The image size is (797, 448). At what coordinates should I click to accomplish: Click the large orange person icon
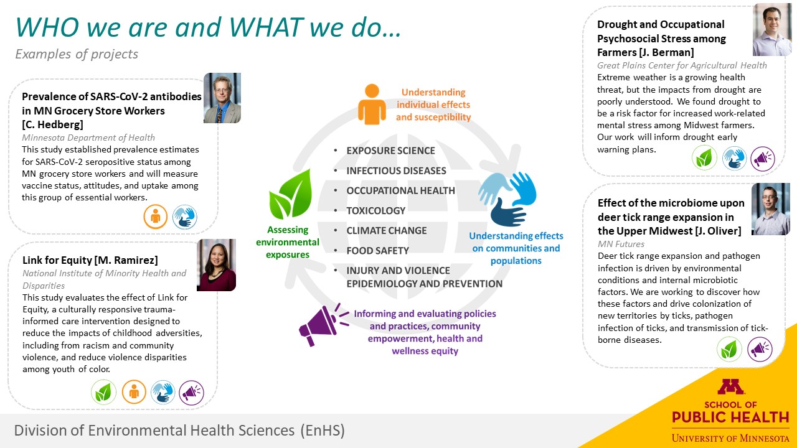coord(372,104)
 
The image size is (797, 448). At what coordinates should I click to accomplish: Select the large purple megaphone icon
coord(323,325)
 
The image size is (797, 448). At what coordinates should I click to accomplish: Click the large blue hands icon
coord(507,198)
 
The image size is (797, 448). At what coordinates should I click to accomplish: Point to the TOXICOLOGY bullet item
coord(375,211)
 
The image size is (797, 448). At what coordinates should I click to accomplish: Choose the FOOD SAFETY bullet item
coord(377,251)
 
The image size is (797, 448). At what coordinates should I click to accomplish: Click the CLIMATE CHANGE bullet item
coord(387,231)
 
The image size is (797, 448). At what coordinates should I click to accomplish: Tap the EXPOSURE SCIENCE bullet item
coord(390,151)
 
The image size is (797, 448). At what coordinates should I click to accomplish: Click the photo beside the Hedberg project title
coord(222,98)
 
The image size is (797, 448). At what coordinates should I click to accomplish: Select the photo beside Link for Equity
coord(216,265)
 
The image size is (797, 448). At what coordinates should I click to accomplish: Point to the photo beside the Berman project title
coord(772,30)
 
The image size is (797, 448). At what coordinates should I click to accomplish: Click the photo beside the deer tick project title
coord(771,209)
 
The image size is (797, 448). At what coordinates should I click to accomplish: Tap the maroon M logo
coord(730,387)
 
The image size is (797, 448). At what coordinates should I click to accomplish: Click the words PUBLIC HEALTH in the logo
coord(730,417)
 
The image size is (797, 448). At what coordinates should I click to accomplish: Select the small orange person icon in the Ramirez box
coord(134,392)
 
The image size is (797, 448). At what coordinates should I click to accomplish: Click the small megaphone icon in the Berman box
coord(763,159)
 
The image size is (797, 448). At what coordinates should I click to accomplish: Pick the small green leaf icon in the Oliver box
coord(729,349)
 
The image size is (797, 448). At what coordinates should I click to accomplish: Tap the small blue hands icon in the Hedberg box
coord(185,217)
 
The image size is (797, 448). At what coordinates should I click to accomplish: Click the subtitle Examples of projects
coord(77,54)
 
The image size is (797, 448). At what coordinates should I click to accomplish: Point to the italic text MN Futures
coord(621,244)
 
